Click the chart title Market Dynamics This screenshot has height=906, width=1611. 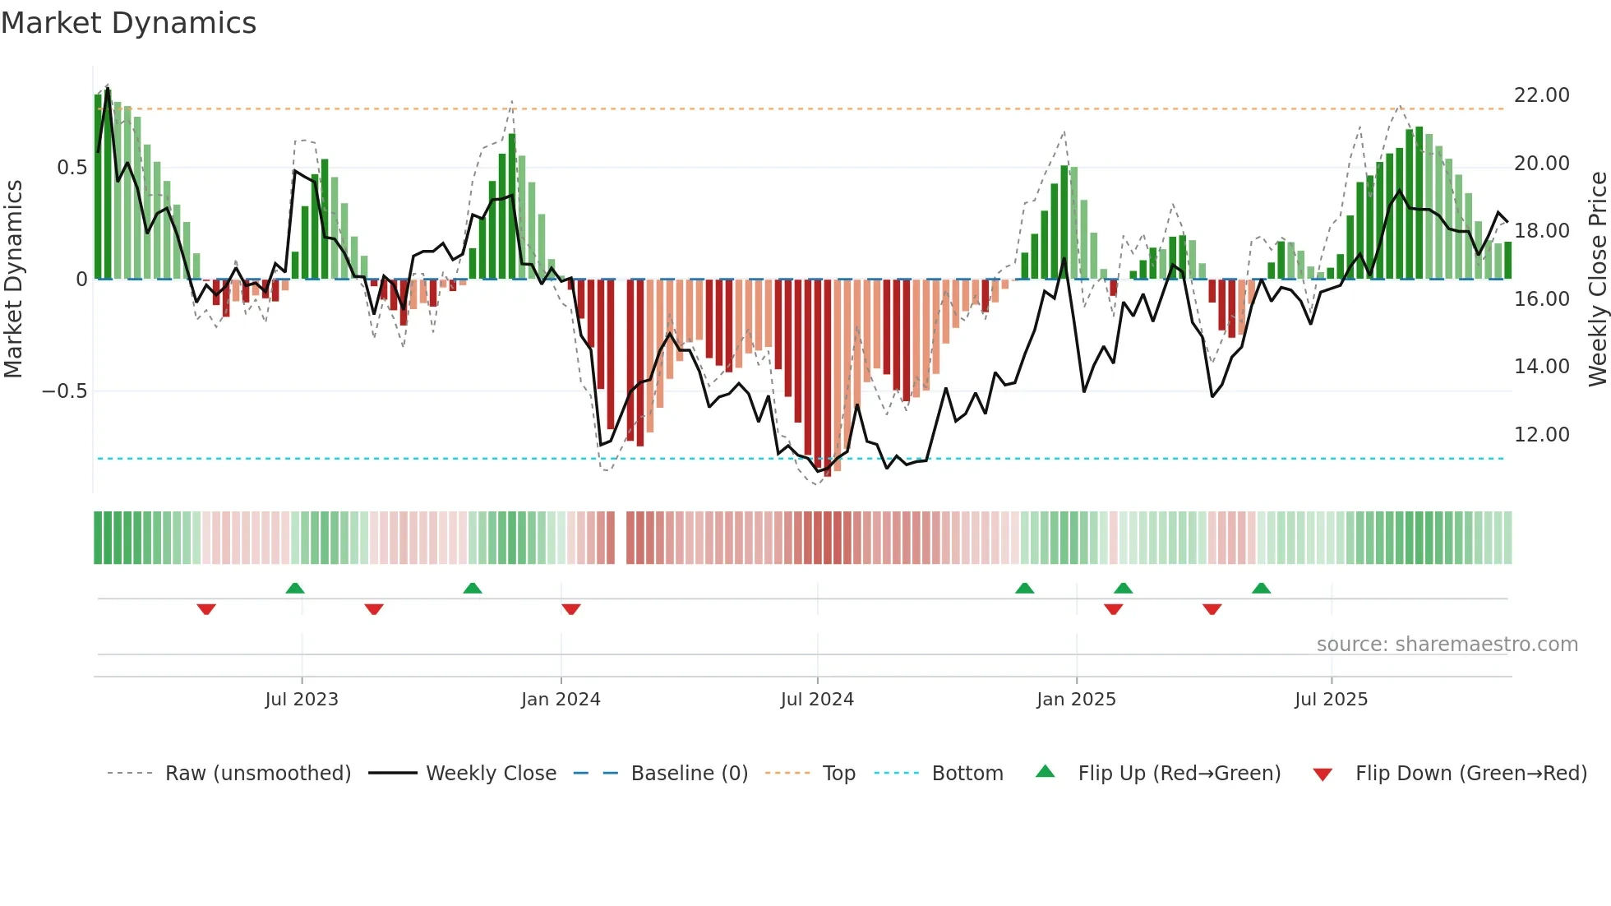point(129,23)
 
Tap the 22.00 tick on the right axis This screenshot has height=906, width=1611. point(1541,95)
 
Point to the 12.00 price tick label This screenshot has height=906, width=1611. point(1541,435)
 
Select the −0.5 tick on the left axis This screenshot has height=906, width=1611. point(64,391)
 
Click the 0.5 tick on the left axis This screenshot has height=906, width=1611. point(72,168)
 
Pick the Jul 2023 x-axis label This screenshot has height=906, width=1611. point(302,700)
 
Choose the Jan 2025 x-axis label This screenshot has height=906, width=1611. point(1076,700)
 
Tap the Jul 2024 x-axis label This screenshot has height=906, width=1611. point(817,700)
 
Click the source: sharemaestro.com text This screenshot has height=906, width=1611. point(1447,645)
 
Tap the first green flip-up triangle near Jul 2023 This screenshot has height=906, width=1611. point(295,588)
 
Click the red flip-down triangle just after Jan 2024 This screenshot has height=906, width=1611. point(571,609)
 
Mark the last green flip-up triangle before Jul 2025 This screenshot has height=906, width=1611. point(1261,588)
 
